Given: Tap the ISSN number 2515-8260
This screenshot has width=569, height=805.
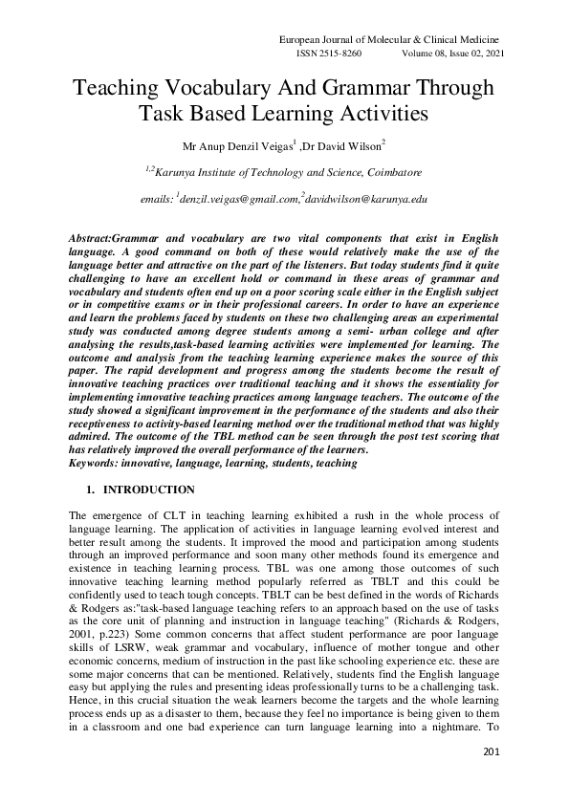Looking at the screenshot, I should pos(330,54).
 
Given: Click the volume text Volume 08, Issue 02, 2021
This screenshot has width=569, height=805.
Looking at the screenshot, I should pos(452,54).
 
